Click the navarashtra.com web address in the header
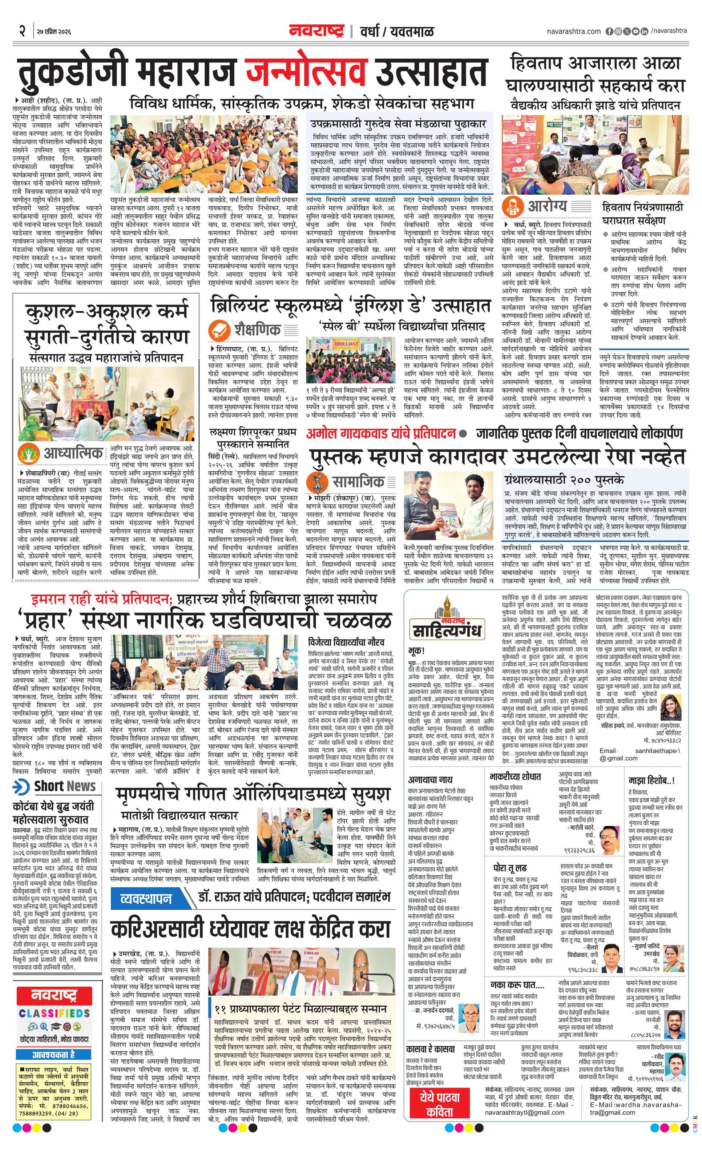574,31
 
